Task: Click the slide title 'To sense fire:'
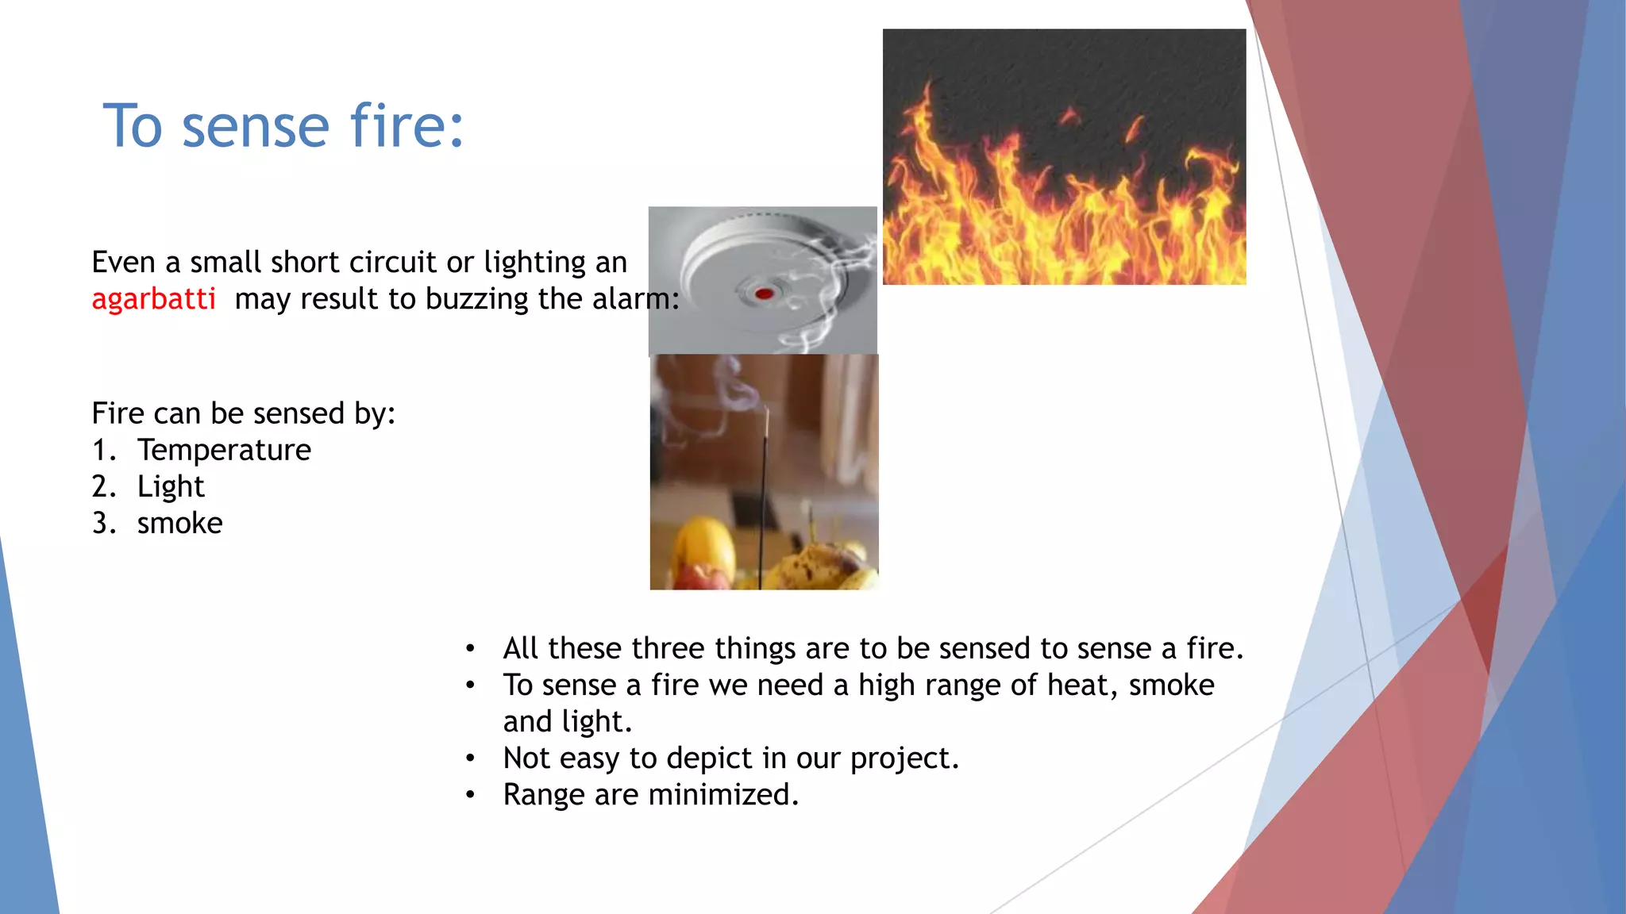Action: click(283, 126)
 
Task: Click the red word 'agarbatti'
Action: click(153, 299)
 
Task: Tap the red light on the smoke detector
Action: click(764, 294)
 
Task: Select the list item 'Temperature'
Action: click(224, 450)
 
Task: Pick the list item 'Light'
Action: click(171, 486)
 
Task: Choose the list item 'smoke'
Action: click(179, 523)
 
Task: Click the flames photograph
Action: click(1064, 157)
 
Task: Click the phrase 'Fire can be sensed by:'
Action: click(243, 413)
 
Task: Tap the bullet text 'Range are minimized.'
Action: click(650, 794)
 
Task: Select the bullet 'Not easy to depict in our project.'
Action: click(730, 758)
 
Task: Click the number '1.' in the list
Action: click(104, 450)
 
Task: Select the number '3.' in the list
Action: click(104, 523)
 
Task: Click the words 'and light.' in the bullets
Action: click(567, 721)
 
